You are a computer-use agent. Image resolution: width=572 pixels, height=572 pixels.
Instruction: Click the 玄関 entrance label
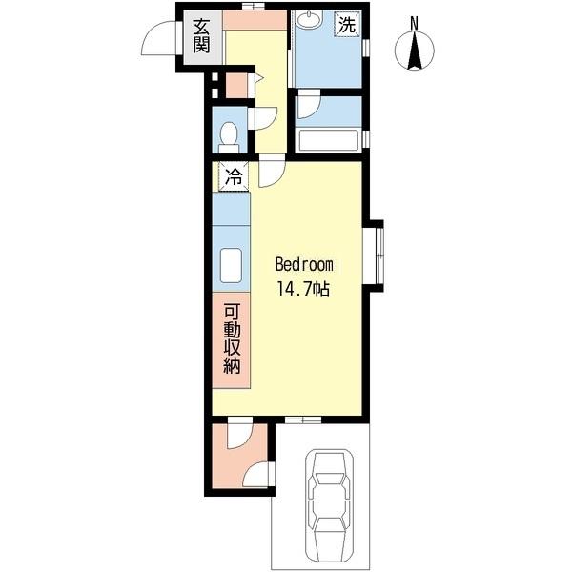pos(201,36)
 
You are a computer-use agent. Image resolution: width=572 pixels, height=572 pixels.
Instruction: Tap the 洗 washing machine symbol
pos(347,25)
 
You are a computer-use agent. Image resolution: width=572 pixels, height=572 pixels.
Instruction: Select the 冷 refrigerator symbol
pos(234,176)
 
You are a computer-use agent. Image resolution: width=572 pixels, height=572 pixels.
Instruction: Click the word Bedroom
pos(304,265)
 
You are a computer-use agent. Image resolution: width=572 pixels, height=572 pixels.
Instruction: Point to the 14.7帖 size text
pos(303,290)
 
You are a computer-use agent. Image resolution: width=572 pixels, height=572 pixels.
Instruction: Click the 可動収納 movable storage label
pos(232,339)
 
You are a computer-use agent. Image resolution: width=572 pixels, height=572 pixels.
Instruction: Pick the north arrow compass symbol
pos(415,50)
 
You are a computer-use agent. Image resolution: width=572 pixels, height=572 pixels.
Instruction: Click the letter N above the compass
pos(414,24)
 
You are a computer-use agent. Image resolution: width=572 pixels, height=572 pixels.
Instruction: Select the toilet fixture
pos(229,137)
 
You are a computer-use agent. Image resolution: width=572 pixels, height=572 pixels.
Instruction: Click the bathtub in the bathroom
pos(328,140)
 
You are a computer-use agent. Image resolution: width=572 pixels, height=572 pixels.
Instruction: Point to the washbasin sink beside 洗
pos(309,19)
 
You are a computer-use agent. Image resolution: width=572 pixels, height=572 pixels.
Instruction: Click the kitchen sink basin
pos(231,265)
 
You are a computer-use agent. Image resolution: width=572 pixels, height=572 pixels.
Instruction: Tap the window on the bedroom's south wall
pos(303,419)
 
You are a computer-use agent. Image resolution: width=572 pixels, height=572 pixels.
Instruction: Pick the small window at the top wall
pos(254,6)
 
